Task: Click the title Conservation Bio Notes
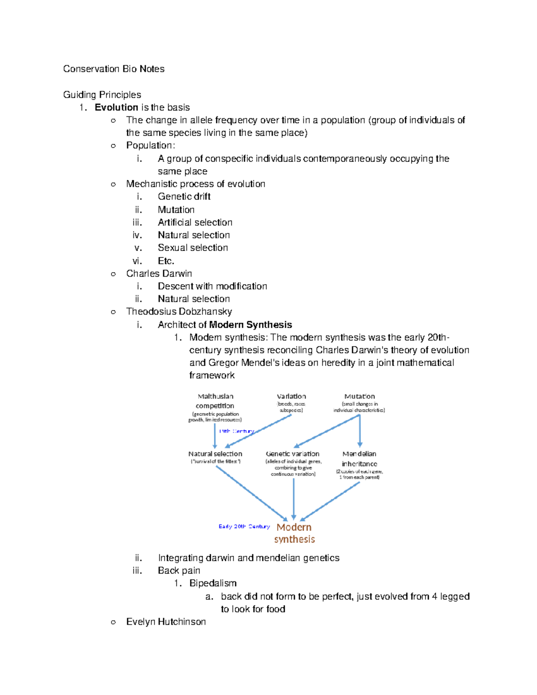click(114, 69)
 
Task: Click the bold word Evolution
click(116, 107)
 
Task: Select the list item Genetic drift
click(184, 196)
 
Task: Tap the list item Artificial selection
click(195, 222)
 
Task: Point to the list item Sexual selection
click(193, 247)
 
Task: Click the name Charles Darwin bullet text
click(159, 273)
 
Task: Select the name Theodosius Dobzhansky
click(179, 311)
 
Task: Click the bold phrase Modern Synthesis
click(251, 325)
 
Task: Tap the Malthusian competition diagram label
click(215, 401)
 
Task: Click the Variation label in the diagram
click(291, 397)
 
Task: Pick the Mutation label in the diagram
click(359, 397)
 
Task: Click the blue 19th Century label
click(236, 431)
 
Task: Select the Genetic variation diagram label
click(293, 454)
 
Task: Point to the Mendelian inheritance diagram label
click(359, 459)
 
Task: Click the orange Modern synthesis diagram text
click(294, 533)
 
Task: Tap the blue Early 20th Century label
click(244, 527)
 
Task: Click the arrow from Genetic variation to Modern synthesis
click(294, 497)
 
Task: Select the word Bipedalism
click(213, 583)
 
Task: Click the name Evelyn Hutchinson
click(166, 622)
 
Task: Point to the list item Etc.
click(166, 261)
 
